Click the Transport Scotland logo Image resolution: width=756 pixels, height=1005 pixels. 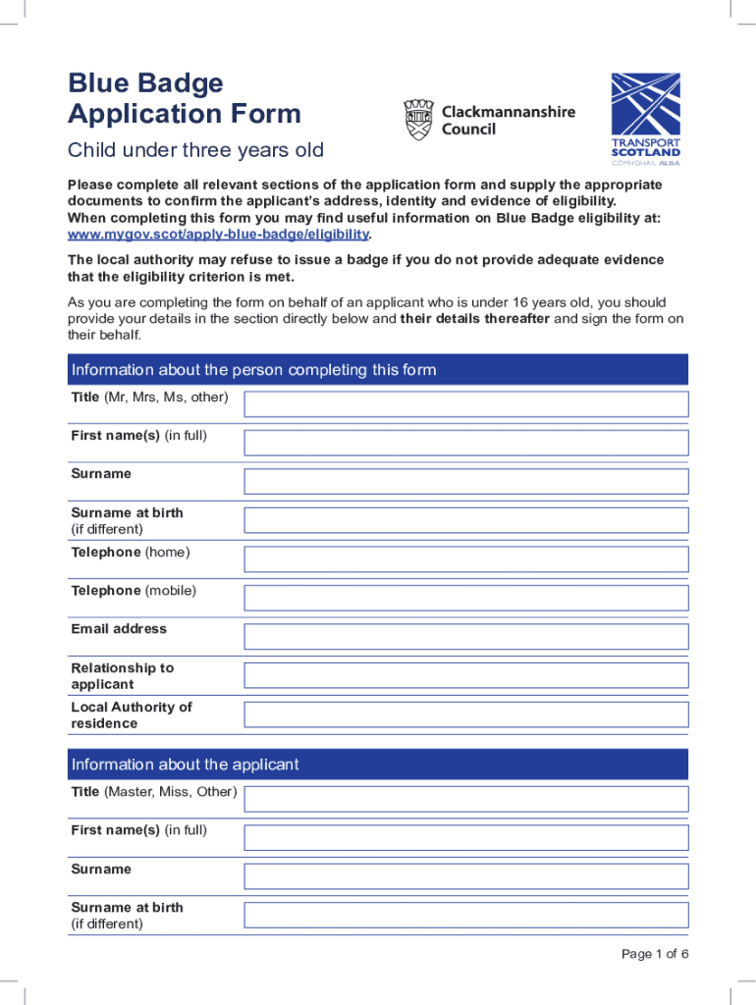645,120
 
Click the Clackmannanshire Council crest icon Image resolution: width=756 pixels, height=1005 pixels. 418,120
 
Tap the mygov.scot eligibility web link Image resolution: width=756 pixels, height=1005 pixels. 218,235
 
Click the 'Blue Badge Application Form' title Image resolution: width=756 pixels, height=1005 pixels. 184,98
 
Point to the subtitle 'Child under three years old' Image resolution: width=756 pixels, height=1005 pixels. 194,151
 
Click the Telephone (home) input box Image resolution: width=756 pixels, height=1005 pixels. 466,559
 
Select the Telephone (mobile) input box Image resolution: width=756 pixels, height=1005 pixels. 466,598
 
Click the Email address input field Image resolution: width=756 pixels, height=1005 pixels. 466,636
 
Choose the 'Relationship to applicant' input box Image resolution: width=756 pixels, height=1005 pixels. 466,675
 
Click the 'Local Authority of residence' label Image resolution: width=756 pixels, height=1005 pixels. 132,714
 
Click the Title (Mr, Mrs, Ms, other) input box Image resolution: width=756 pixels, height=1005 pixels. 466,403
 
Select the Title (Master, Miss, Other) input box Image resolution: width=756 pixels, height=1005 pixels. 466,798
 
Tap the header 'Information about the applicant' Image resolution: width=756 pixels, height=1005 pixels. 186,765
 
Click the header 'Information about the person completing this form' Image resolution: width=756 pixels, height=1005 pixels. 253,370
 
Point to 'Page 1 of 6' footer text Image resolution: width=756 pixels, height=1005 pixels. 655,955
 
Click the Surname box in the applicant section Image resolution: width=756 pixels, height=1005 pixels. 466,875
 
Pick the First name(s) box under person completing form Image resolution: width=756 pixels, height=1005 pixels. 466,443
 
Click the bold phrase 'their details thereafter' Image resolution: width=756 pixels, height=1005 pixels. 475,319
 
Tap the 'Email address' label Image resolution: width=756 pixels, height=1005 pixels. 119,629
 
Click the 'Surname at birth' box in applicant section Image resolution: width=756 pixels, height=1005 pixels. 466,915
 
